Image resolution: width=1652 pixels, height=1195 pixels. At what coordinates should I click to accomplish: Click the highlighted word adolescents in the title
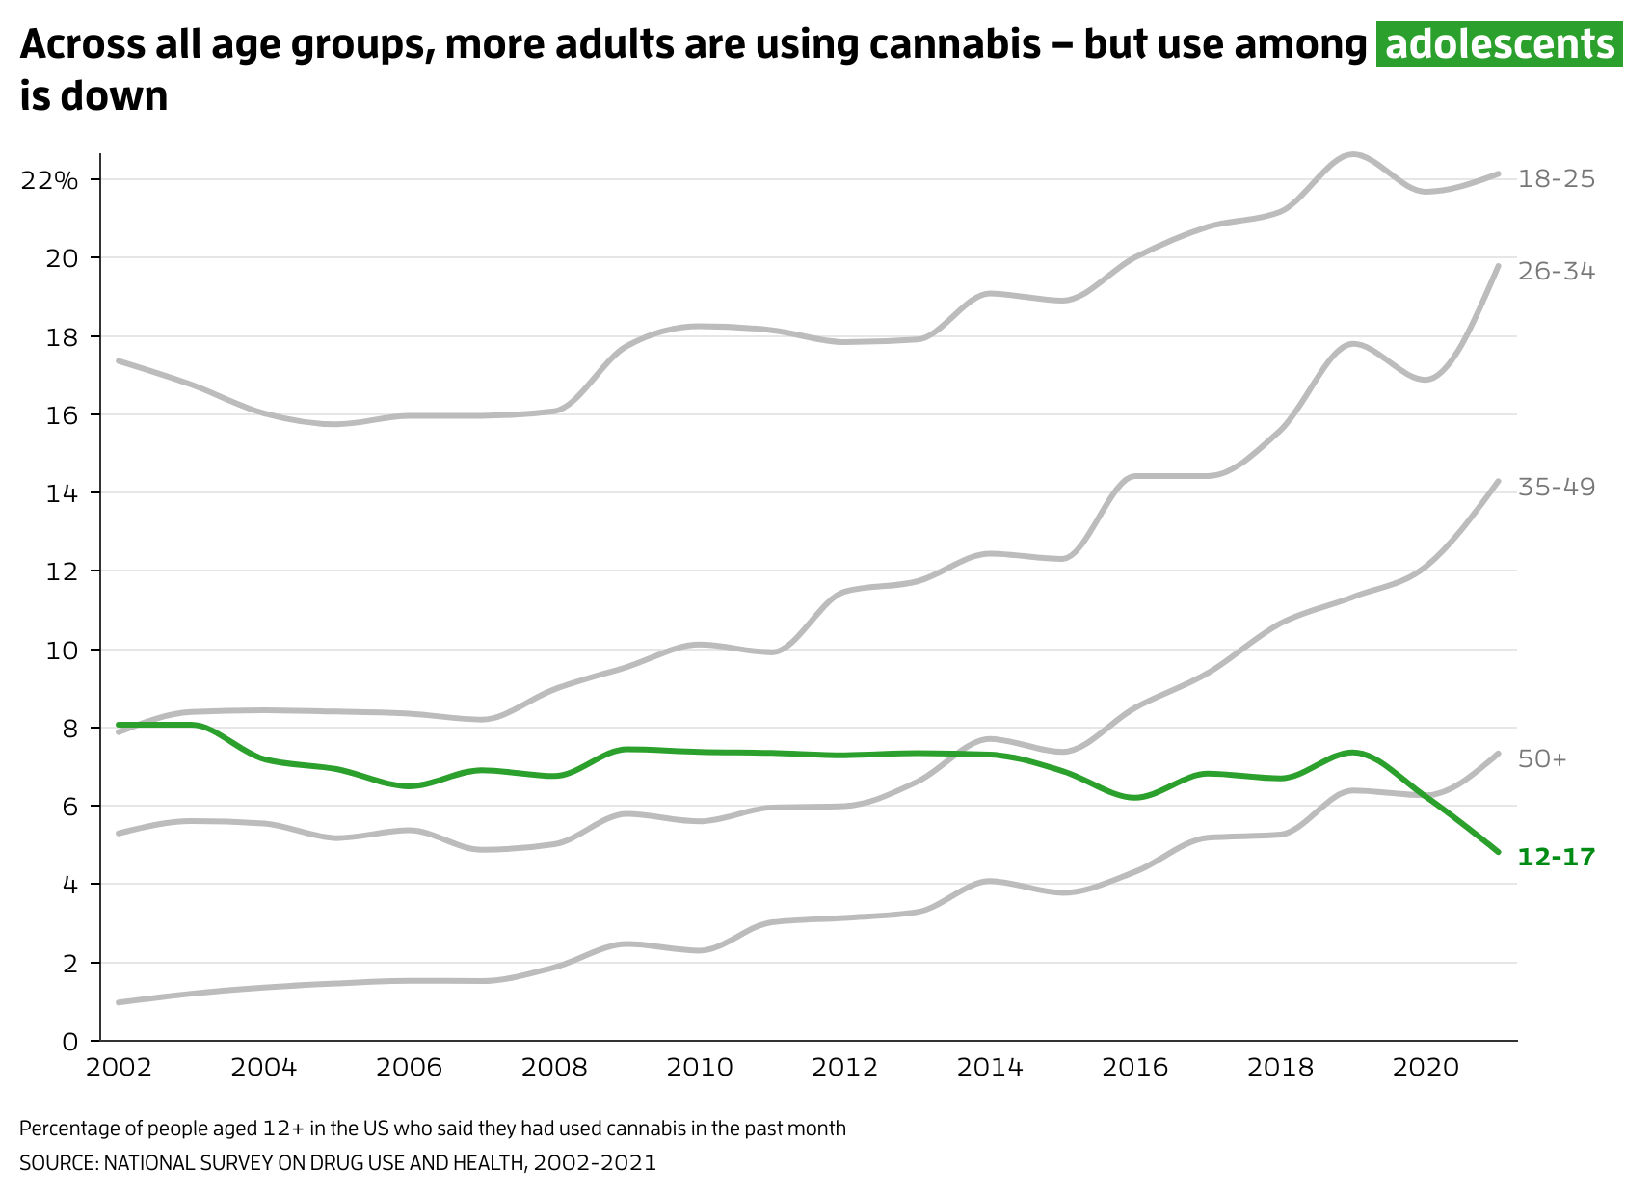(1499, 44)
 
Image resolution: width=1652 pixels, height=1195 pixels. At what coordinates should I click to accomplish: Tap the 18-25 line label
(1556, 178)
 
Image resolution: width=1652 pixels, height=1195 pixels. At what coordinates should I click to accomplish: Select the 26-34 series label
(1556, 272)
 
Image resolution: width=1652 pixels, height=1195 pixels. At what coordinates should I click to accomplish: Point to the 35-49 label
(1556, 487)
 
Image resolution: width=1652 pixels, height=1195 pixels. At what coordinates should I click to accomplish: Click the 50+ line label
(1542, 759)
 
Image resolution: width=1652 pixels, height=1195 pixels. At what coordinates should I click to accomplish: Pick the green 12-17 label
(1556, 857)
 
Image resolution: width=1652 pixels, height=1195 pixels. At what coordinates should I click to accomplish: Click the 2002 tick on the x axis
(119, 1067)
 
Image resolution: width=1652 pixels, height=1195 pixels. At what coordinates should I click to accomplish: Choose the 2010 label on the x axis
(700, 1067)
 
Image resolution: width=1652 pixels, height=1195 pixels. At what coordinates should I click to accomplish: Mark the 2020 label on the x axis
(1426, 1067)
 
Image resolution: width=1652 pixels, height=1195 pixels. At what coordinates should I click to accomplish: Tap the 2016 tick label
(1134, 1067)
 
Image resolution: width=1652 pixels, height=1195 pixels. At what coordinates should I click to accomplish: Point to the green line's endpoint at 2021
(1498, 851)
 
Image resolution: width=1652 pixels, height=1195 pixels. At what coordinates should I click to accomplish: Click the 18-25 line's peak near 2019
(1352, 154)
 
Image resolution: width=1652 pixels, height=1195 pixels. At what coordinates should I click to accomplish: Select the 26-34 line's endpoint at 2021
(1498, 266)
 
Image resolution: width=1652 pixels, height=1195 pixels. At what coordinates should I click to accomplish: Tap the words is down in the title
(93, 96)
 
